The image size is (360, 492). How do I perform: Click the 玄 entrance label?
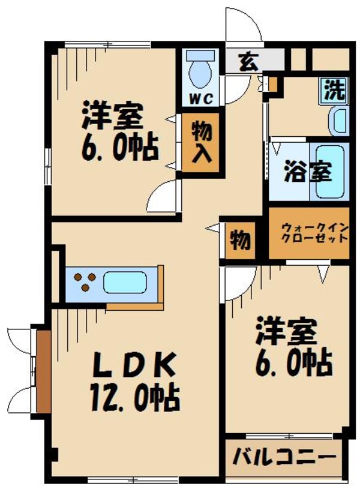[x=247, y=60]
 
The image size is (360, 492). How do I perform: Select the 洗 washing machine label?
[x=335, y=91]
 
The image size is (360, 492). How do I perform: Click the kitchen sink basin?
[x=125, y=281]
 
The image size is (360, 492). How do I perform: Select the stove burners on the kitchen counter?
[x=84, y=281]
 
